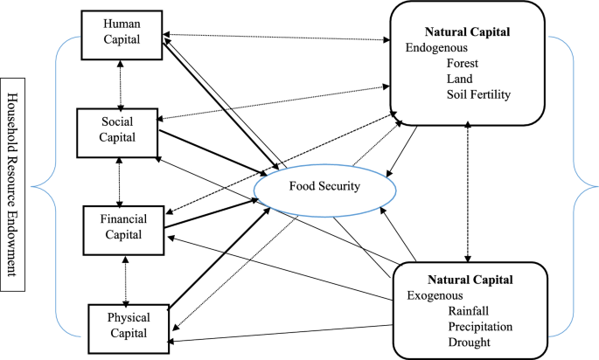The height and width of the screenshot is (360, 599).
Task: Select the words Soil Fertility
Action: coord(478,94)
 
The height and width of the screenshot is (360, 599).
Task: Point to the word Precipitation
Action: coord(480,327)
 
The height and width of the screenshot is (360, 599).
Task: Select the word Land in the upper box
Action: coord(460,79)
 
